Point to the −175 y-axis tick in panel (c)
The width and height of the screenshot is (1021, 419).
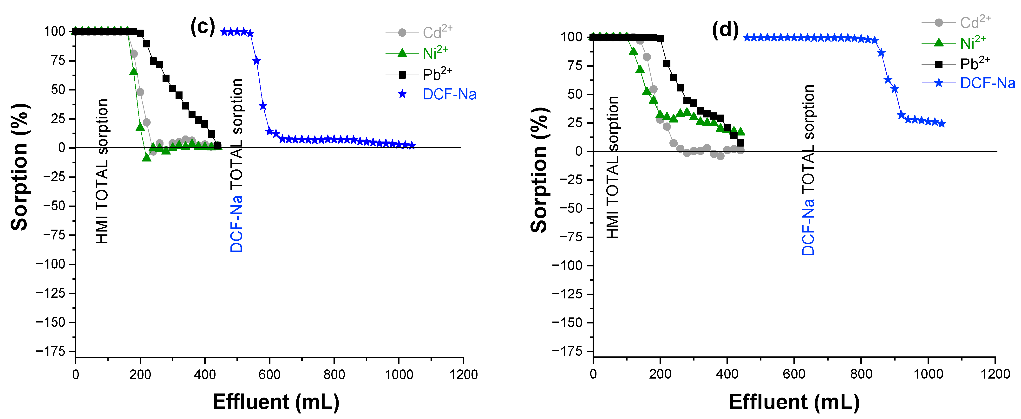pyautogui.click(x=50, y=351)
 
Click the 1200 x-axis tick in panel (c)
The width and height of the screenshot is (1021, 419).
pyautogui.click(x=463, y=374)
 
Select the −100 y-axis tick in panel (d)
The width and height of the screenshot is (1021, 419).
pyautogui.click(x=567, y=266)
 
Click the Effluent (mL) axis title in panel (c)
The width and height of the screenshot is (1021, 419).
pyautogui.click(x=276, y=402)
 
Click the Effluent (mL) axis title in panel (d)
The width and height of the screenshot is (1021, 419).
pyautogui.click(x=794, y=402)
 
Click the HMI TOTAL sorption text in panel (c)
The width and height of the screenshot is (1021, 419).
pyautogui.click(x=102, y=171)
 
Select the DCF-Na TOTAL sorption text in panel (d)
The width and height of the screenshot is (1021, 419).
pyautogui.click(x=808, y=170)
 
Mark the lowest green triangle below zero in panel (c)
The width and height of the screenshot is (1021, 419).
pyautogui.click(x=147, y=157)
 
